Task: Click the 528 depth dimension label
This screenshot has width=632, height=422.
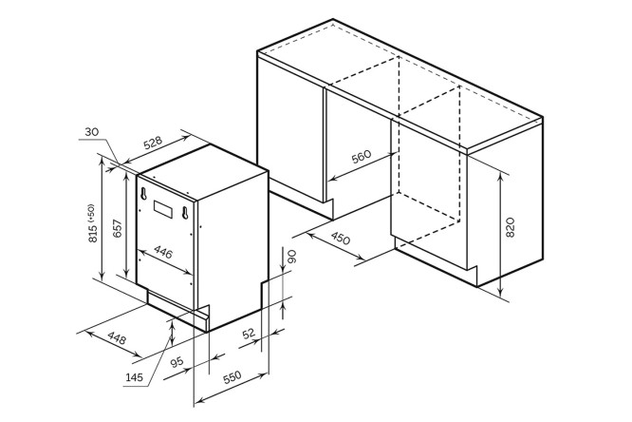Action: (154, 143)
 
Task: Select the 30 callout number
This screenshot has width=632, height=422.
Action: (91, 132)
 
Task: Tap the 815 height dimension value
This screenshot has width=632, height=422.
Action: (93, 233)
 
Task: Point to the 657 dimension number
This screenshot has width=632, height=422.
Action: (117, 228)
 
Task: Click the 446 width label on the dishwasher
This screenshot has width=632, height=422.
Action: (163, 253)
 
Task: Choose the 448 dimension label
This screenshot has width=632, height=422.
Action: (118, 337)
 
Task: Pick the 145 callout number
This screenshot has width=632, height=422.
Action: (134, 377)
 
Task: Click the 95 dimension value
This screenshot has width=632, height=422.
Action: (177, 362)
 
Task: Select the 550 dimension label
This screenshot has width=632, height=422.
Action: (232, 376)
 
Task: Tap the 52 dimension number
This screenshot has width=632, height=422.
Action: (249, 334)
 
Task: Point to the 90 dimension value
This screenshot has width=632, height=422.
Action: (291, 257)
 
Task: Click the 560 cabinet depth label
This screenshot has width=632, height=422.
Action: (362, 156)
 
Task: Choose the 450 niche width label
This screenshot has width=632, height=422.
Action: (341, 239)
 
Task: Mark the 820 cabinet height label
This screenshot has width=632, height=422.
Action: (510, 227)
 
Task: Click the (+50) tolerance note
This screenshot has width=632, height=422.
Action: (91, 213)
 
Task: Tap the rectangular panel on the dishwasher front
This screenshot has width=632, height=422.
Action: (163, 209)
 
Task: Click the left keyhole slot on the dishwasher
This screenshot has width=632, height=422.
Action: (142, 193)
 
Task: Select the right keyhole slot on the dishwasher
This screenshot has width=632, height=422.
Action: (185, 212)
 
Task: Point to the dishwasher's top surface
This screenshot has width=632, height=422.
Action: (203, 170)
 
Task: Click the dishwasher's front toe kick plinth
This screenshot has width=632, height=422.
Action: (177, 309)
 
